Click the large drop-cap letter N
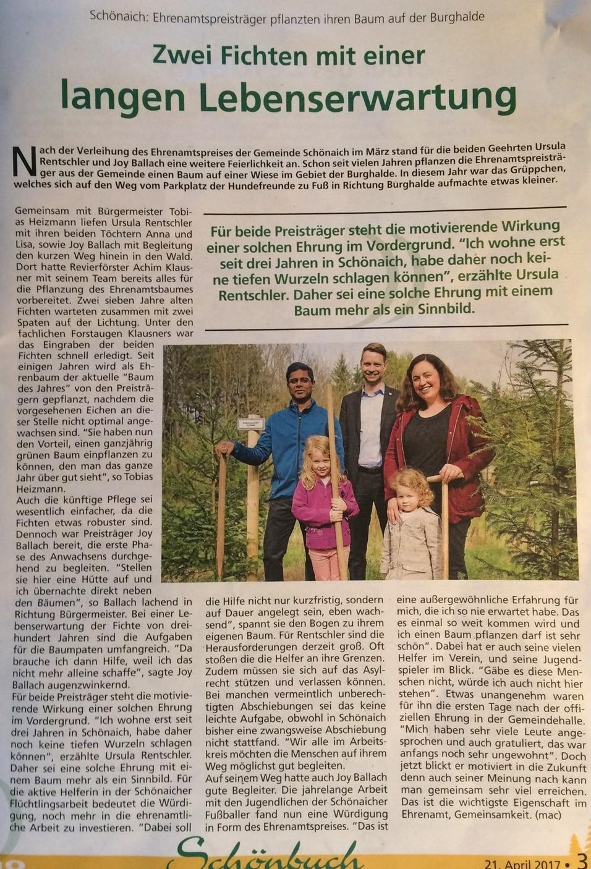tap(23, 163)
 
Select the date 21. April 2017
tap(523, 863)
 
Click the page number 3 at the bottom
tap(582, 861)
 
